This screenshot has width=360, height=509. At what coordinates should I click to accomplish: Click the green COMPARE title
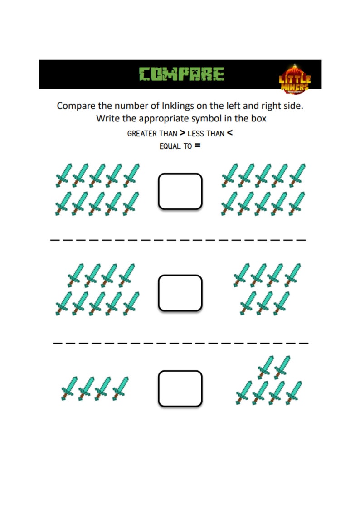coord(181,74)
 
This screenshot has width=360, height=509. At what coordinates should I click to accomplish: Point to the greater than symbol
coord(182,133)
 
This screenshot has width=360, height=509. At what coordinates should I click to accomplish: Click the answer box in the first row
coord(180,191)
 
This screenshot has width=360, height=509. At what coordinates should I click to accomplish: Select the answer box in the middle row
coord(180,293)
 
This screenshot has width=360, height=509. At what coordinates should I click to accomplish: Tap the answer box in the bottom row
coord(180,388)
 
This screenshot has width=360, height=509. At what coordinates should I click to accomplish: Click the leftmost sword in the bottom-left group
coord(69,389)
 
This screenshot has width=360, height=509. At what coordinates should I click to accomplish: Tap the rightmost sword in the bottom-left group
coord(121,388)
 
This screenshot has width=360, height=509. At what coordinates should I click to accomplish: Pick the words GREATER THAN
coord(152,134)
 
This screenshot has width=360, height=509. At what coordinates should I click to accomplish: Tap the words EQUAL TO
coord(175,147)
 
